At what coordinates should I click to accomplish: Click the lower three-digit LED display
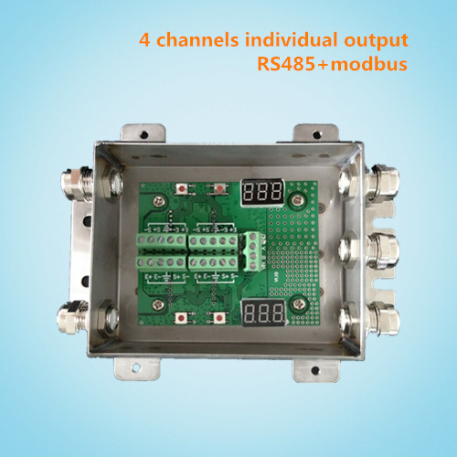[x=265, y=314]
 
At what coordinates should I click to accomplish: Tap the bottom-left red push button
[x=186, y=317]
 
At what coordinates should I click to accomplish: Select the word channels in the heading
[x=187, y=40]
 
